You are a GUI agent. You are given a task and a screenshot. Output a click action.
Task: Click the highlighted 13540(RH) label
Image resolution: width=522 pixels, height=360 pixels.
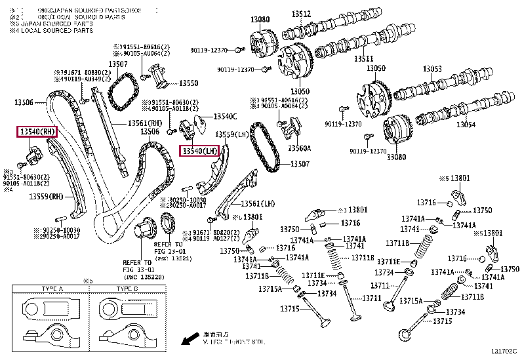(37, 132)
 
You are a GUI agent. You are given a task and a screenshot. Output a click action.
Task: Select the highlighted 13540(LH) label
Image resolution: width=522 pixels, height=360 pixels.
(200, 151)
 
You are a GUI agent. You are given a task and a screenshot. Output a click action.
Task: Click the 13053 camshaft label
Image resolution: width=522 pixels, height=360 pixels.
(432, 69)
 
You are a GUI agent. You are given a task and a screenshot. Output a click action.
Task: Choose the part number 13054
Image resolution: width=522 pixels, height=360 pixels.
(466, 124)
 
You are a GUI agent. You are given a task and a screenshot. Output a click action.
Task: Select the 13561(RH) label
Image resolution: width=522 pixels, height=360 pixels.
(144, 123)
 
